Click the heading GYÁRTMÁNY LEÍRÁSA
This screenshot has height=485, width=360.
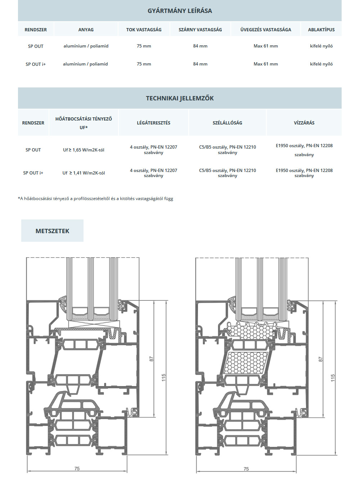click(180, 11)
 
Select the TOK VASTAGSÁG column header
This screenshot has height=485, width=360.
click(144, 30)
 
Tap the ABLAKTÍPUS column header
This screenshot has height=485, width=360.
click(321, 30)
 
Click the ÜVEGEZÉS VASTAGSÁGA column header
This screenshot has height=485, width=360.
click(266, 30)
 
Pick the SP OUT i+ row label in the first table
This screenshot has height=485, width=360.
click(36, 64)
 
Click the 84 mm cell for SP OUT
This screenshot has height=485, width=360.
click(200, 46)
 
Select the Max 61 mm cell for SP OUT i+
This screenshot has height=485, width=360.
click(266, 64)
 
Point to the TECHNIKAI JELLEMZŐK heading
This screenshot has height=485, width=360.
click(180, 98)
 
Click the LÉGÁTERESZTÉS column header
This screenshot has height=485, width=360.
click(153, 123)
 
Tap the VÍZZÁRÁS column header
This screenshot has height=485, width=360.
click(304, 123)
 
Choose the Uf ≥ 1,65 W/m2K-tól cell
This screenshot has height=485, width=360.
click(84, 150)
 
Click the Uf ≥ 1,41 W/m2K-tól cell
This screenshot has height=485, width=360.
click(84, 173)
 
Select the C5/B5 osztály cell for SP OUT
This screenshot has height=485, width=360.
click(228, 150)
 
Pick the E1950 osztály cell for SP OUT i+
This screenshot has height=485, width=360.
click(304, 173)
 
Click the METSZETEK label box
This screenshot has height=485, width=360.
click(52, 231)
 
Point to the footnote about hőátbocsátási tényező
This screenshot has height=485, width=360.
click(95, 199)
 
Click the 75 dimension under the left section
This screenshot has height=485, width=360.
click(77, 468)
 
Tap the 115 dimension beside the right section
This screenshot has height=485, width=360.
click(333, 378)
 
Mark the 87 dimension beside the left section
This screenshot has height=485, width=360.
click(152, 359)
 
